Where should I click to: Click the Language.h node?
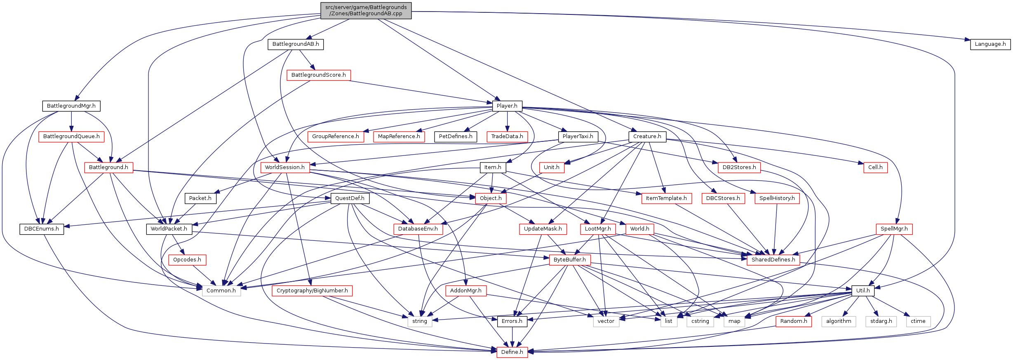[x=990, y=44]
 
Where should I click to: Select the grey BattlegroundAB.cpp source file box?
[x=366, y=10]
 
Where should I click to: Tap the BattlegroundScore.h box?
[x=318, y=75]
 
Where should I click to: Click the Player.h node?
[x=507, y=106]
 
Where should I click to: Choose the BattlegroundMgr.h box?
[x=71, y=106]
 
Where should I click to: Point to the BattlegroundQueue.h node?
[x=71, y=136]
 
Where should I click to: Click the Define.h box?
[x=512, y=352]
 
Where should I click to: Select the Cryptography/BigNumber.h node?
[x=312, y=291]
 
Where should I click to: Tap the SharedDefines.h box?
[x=773, y=260]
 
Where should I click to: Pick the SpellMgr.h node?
[x=894, y=229]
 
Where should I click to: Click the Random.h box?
[x=793, y=321]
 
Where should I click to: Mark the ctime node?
[x=918, y=321]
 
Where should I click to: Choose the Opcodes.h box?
[x=187, y=260]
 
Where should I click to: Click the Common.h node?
[x=221, y=291]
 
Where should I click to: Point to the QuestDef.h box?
[x=350, y=198]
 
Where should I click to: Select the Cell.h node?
[x=875, y=167]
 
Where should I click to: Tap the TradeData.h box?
[x=507, y=136]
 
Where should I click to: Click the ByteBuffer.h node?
[x=569, y=260]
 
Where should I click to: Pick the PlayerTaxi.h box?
[x=578, y=136]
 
